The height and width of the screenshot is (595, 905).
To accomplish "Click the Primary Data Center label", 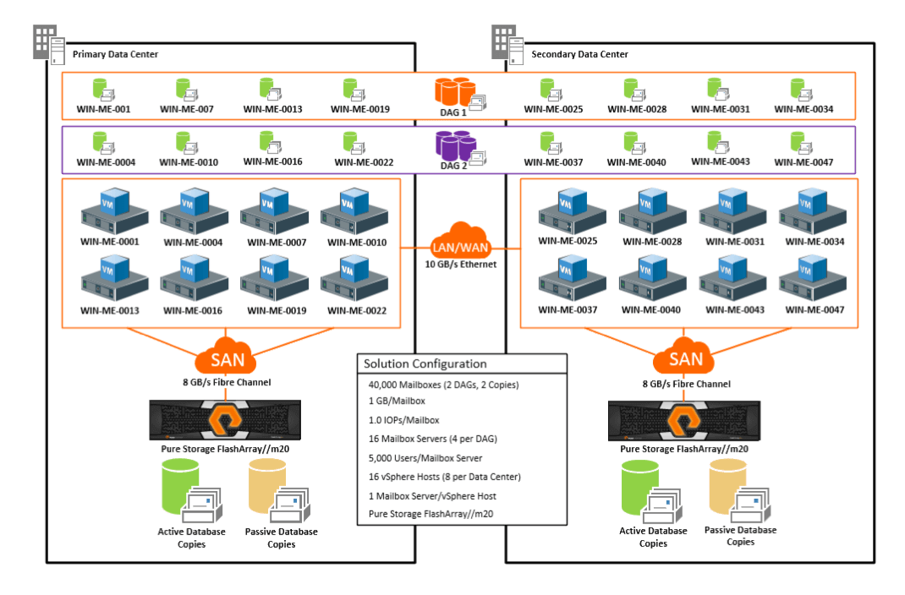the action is (115, 54).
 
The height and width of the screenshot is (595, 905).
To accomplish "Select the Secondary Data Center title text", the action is (579, 54).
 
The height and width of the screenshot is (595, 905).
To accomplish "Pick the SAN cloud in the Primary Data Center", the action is (226, 356).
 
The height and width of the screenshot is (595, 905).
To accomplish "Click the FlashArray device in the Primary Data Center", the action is (225, 420).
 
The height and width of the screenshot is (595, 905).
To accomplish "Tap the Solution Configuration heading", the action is (425, 363).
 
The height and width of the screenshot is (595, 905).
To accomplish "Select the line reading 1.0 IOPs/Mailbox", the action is (403, 420).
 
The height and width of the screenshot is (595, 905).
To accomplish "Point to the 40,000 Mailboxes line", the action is (443, 385).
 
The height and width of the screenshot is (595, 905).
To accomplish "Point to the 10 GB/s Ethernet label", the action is (461, 264).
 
